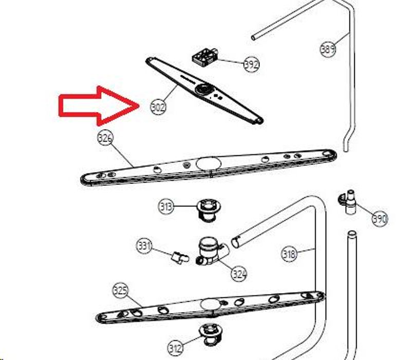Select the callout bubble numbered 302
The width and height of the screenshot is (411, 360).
point(158,107)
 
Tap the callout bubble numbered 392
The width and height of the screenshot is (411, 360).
point(251,64)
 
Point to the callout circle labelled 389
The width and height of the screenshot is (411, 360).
point(328,49)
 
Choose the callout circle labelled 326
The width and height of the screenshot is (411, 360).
point(105,138)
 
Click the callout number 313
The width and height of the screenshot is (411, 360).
point(166,207)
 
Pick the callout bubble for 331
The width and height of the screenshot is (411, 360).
point(144,246)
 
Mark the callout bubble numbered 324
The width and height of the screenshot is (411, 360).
point(239,274)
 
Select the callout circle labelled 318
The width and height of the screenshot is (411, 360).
point(289,254)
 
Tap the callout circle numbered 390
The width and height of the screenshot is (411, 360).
point(380,218)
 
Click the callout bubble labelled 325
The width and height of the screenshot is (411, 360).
point(120,291)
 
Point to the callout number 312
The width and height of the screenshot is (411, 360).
point(175,348)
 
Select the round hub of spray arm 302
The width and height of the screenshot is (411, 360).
point(202,89)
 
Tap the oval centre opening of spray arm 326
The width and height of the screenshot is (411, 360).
point(209,164)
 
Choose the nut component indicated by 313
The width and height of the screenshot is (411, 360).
point(209,210)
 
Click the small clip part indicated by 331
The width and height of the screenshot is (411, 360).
point(180,257)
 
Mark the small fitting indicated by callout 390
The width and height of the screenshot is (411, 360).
point(349,201)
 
